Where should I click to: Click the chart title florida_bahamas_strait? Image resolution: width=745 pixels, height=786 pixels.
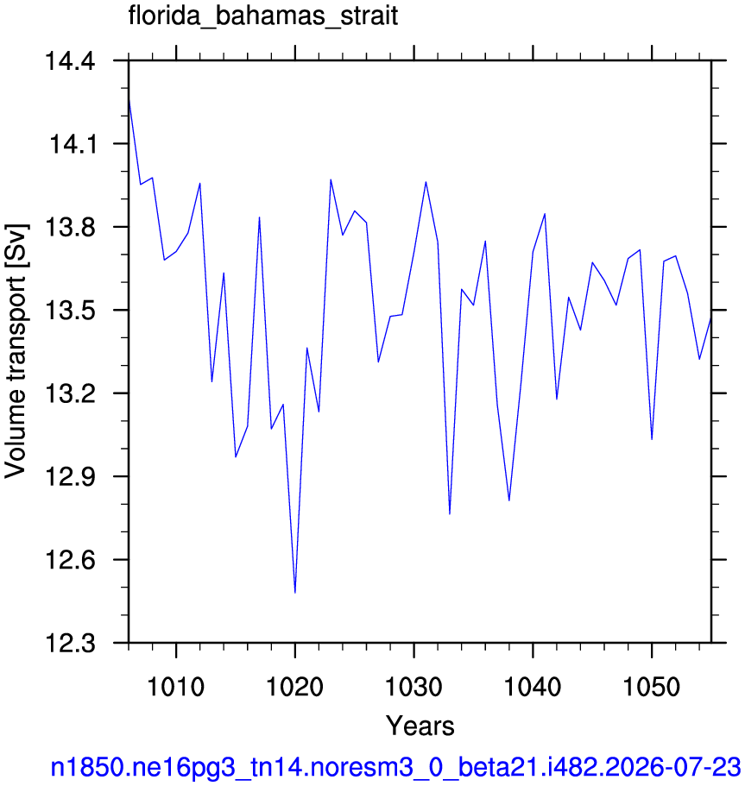coord(263,16)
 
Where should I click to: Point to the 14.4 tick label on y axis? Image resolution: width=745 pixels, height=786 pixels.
coord(70,62)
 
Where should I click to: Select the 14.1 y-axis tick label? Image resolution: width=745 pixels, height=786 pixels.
coord(72,145)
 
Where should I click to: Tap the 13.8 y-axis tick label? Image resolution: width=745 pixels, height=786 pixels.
coord(70,228)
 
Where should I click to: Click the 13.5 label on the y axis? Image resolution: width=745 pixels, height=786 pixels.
coord(70,311)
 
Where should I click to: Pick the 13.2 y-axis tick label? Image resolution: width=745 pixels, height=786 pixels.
coord(70,394)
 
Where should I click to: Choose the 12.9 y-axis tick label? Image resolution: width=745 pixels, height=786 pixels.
coord(70,477)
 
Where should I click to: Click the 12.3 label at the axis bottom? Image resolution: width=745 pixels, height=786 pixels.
coord(70,644)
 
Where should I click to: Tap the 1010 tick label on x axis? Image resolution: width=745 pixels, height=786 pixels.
coord(176,687)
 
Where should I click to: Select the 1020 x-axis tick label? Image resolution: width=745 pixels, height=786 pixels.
coord(295,687)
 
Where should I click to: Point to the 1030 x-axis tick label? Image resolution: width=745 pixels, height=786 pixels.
coord(414,687)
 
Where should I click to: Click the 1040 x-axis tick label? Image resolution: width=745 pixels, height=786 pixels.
coord(533,687)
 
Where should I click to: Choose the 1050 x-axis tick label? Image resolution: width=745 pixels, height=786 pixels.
coord(652,687)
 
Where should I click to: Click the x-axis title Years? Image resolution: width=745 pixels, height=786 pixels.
coord(420,726)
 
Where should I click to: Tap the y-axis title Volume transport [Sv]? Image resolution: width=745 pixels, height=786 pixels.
coord(16,351)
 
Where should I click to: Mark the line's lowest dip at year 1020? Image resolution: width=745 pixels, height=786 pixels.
coord(295,593)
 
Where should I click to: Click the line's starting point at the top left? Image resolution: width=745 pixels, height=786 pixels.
coord(129,97)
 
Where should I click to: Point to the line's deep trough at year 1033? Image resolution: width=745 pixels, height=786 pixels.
coord(450,514)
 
